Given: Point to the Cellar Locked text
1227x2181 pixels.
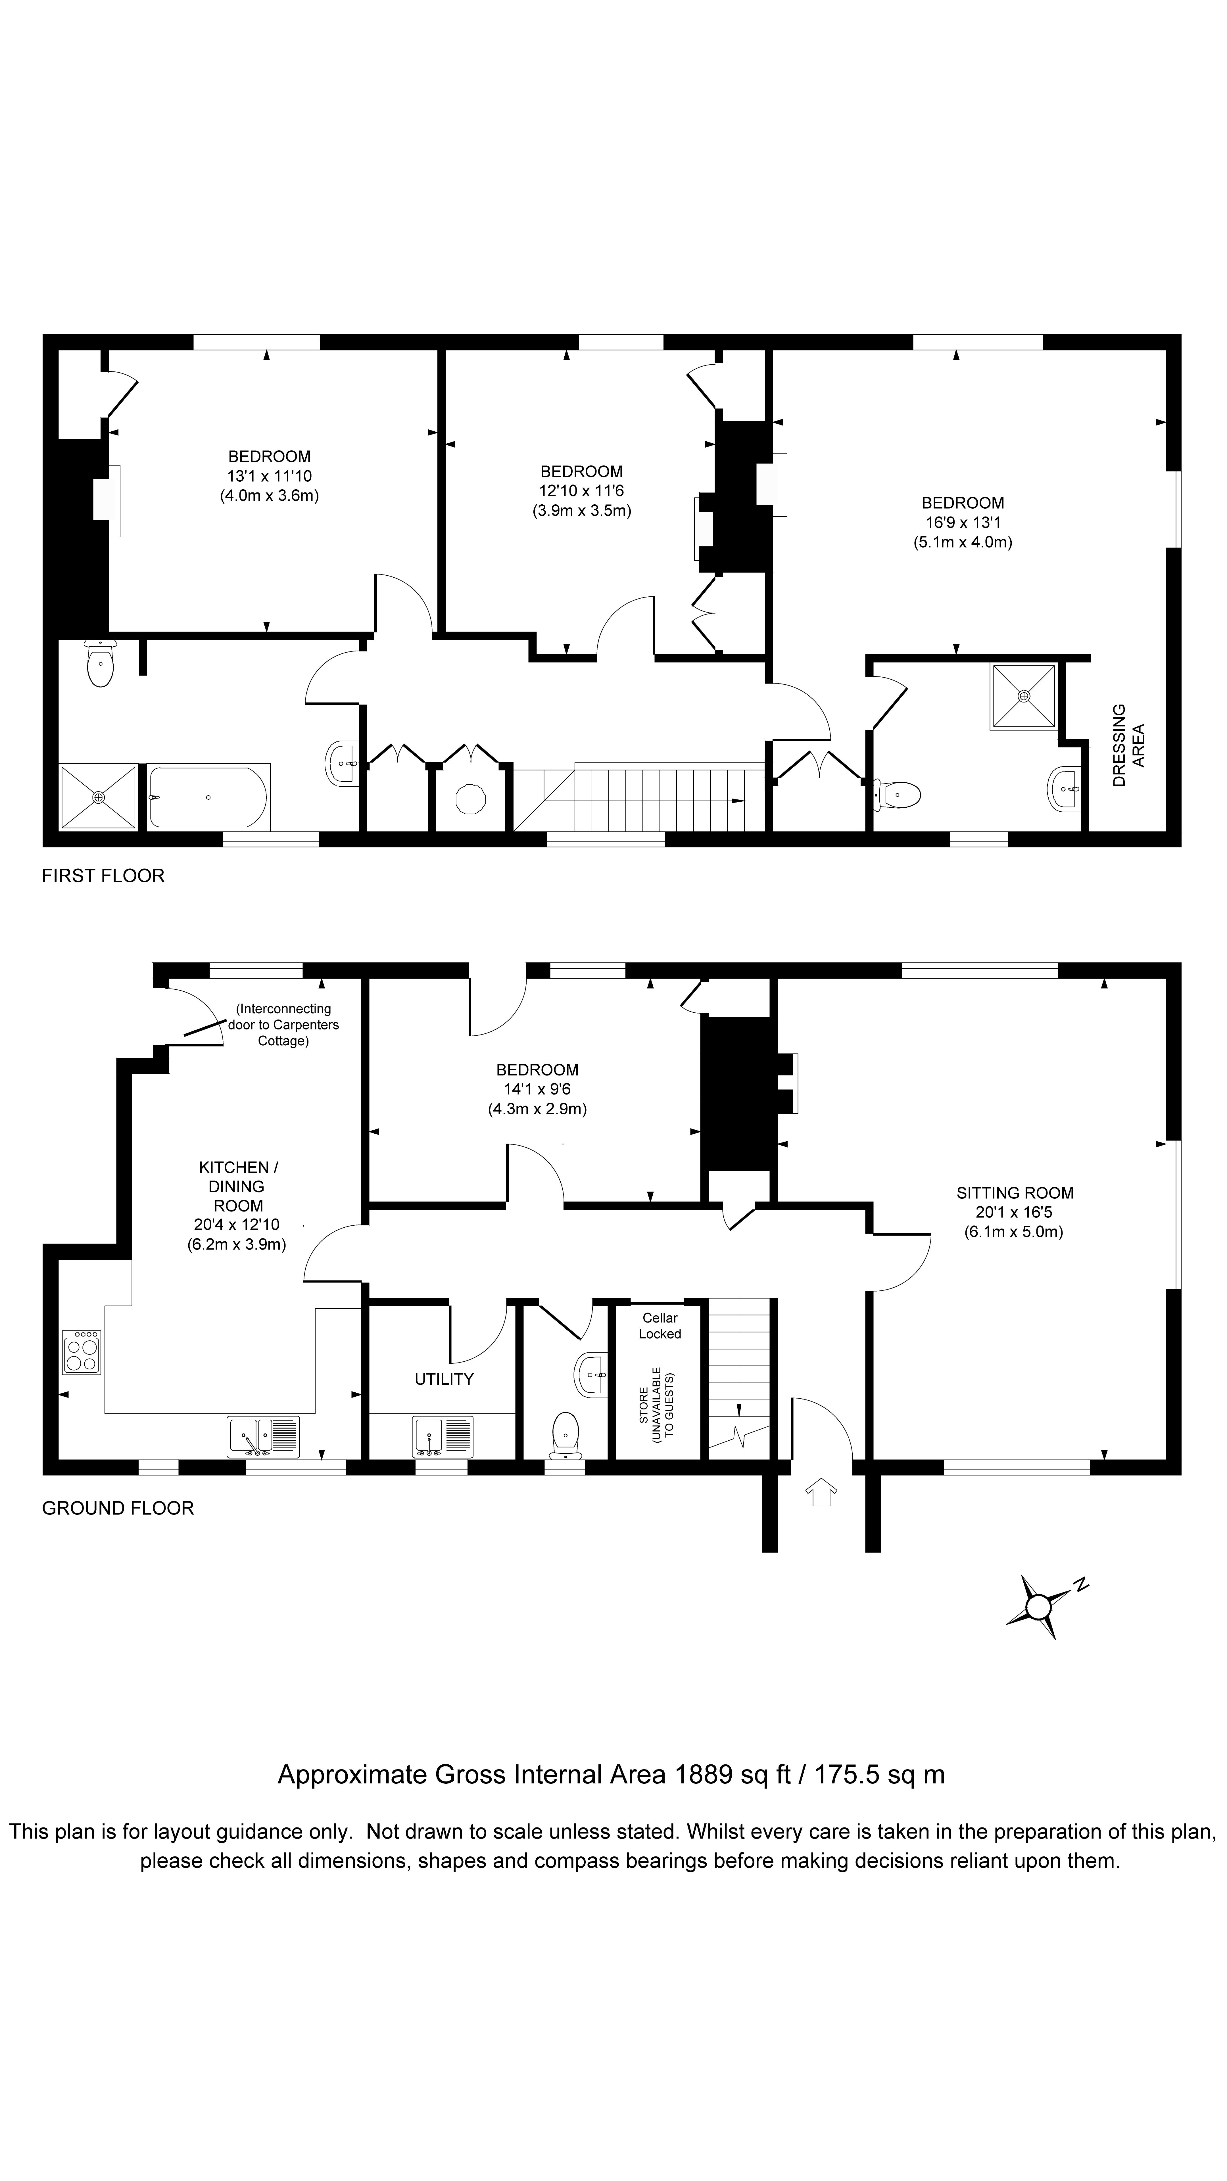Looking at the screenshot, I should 660,1326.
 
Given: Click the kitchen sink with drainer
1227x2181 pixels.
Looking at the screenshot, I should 263,1437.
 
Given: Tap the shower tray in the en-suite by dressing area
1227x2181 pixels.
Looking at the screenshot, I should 1024,696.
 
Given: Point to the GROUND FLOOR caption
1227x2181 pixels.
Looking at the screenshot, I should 118,1508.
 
